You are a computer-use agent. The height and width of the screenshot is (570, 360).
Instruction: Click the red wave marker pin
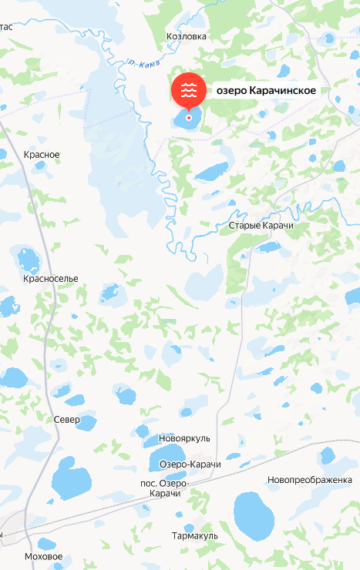pos(188,91)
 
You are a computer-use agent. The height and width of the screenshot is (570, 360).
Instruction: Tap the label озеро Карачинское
pos(266,91)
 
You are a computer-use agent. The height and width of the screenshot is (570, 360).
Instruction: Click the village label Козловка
pos(187,35)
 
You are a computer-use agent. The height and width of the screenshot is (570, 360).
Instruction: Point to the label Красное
pos(42,155)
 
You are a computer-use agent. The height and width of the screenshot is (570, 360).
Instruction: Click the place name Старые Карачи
pos(261,226)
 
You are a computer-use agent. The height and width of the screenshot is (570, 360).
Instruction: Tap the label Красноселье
pos(51,278)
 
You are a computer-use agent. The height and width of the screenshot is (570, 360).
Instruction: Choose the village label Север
pos(67,420)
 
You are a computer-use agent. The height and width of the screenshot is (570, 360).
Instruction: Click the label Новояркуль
pos(183,438)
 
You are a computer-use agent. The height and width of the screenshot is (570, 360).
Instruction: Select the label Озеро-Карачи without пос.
pos(190,464)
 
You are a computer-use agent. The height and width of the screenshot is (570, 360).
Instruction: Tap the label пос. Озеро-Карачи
pos(165,488)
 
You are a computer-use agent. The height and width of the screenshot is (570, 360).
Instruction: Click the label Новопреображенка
pos(309,480)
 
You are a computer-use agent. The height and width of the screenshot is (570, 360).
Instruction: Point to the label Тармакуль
pos(195,535)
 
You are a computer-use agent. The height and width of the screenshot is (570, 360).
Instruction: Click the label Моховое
pos(43,556)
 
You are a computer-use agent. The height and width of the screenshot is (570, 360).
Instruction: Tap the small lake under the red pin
pos(187,118)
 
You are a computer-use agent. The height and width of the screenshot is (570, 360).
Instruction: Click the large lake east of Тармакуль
pos(255,515)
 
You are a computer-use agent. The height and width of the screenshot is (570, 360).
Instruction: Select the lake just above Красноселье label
pos(29,257)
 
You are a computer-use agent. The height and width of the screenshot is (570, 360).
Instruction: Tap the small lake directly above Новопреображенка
pos(328,455)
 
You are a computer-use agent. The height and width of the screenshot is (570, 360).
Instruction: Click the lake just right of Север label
pos(87,423)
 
